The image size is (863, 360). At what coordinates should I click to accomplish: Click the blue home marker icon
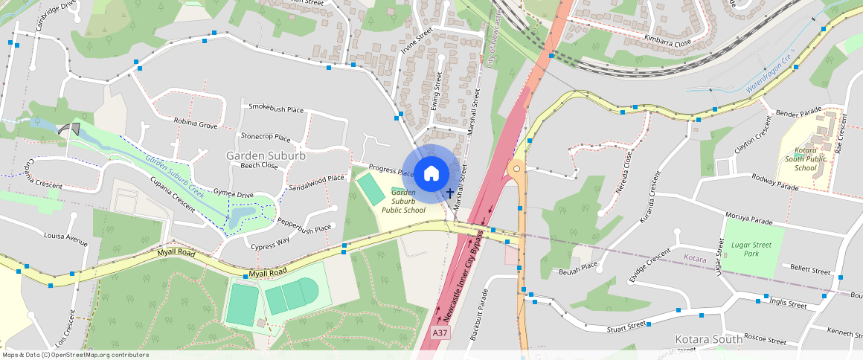click(431, 173)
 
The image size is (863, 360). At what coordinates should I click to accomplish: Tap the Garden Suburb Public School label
click(403, 201)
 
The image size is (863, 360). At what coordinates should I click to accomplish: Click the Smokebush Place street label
click(276, 109)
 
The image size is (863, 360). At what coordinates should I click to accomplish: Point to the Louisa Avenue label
click(65, 239)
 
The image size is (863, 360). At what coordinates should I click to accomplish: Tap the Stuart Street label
click(626, 325)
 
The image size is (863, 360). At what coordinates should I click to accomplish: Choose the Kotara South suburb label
click(708, 339)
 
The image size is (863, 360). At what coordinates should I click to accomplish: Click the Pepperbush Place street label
click(304, 226)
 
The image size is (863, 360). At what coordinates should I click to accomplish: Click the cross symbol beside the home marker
click(450, 193)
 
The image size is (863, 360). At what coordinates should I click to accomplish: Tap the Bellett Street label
click(810, 268)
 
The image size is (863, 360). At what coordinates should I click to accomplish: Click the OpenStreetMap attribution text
click(75, 355)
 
